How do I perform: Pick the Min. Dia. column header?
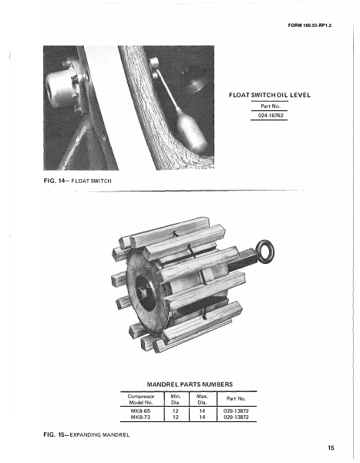coord(176,398)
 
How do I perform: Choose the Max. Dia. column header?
coord(202,398)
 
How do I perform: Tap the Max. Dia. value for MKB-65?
coord(202,411)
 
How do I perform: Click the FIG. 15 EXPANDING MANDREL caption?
coord(85,436)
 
